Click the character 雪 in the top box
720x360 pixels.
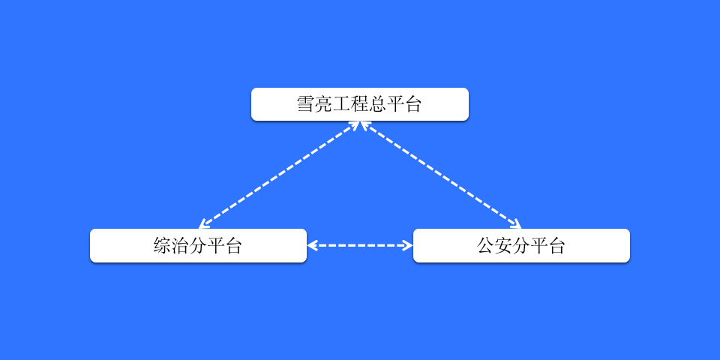305,104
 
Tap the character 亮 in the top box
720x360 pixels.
323,104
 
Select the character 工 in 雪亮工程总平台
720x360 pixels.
341,104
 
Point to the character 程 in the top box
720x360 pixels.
359,104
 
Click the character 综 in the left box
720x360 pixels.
162,246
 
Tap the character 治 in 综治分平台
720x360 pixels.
180,246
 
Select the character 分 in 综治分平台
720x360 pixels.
198,246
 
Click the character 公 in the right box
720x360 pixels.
485,246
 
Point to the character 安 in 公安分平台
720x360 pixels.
503,246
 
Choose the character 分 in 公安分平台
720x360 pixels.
521,246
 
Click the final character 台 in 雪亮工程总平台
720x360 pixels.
412,104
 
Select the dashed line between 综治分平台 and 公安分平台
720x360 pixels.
360,246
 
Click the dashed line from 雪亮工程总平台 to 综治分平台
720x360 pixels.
279,175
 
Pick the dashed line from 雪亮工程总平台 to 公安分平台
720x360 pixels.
441,175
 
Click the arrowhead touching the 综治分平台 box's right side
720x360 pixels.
311,246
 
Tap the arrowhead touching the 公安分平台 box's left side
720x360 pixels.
408,246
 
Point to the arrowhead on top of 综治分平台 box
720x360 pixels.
203,225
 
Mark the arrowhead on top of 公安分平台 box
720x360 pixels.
517,224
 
